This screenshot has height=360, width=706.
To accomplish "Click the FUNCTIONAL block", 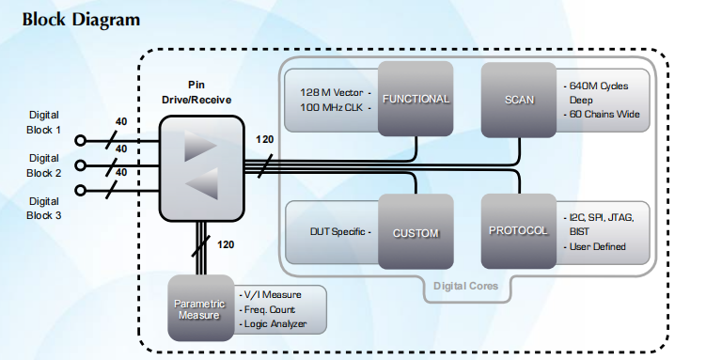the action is click(416, 99).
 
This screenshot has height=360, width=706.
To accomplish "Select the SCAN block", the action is click(519, 100).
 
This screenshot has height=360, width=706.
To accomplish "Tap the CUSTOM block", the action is click(416, 232).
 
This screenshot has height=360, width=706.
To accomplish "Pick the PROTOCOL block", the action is click(519, 231).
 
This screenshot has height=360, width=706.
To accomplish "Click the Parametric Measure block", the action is click(201, 307).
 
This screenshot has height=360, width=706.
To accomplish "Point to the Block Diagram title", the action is click(81, 20).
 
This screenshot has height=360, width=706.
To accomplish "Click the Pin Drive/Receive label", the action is click(196, 92).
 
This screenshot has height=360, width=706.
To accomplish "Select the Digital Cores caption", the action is click(465, 286).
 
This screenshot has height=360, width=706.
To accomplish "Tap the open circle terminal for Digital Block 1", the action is click(80, 141).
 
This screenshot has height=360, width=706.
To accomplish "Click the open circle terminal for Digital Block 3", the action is click(80, 191).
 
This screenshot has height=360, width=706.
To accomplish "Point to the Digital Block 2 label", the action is click(44, 165).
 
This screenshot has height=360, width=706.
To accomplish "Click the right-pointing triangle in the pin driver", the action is click(200, 146).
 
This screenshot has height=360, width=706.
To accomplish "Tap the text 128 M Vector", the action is click(332, 93).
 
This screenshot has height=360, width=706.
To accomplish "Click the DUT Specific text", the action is click(337, 232).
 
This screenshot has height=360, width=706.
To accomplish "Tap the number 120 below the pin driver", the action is click(226, 244).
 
